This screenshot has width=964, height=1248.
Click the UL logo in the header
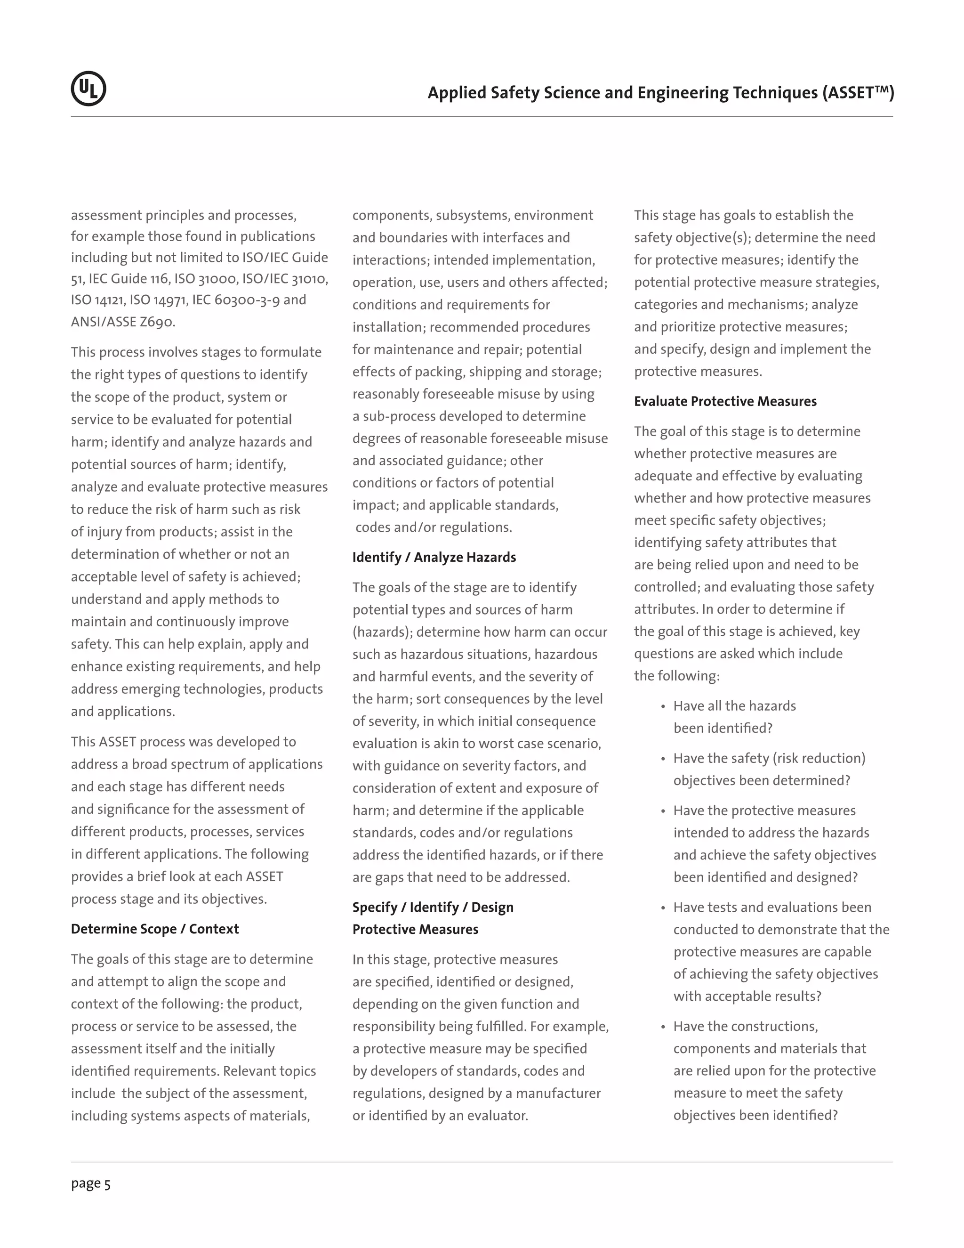(88, 89)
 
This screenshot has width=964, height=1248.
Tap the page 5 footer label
(91, 1183)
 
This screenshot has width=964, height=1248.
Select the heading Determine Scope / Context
(155, 929)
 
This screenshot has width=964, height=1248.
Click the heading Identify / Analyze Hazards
(434, 557)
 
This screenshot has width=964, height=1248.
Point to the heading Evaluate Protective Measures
(725, 401)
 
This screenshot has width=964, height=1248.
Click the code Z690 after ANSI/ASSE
(157, 322)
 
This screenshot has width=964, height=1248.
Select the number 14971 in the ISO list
(166, 300)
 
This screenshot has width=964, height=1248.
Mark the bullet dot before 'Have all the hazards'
(663, 707)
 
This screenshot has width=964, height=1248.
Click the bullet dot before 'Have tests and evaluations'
(663, 908)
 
